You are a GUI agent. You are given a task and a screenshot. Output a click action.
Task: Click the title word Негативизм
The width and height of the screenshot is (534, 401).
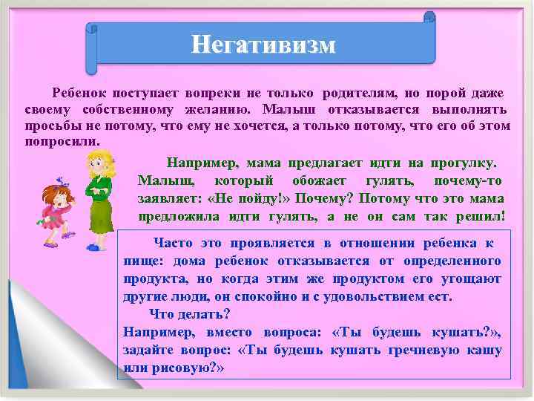(x=263, y=45)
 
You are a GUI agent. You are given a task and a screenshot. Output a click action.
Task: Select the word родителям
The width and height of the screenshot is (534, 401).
(x=359, y=94)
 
